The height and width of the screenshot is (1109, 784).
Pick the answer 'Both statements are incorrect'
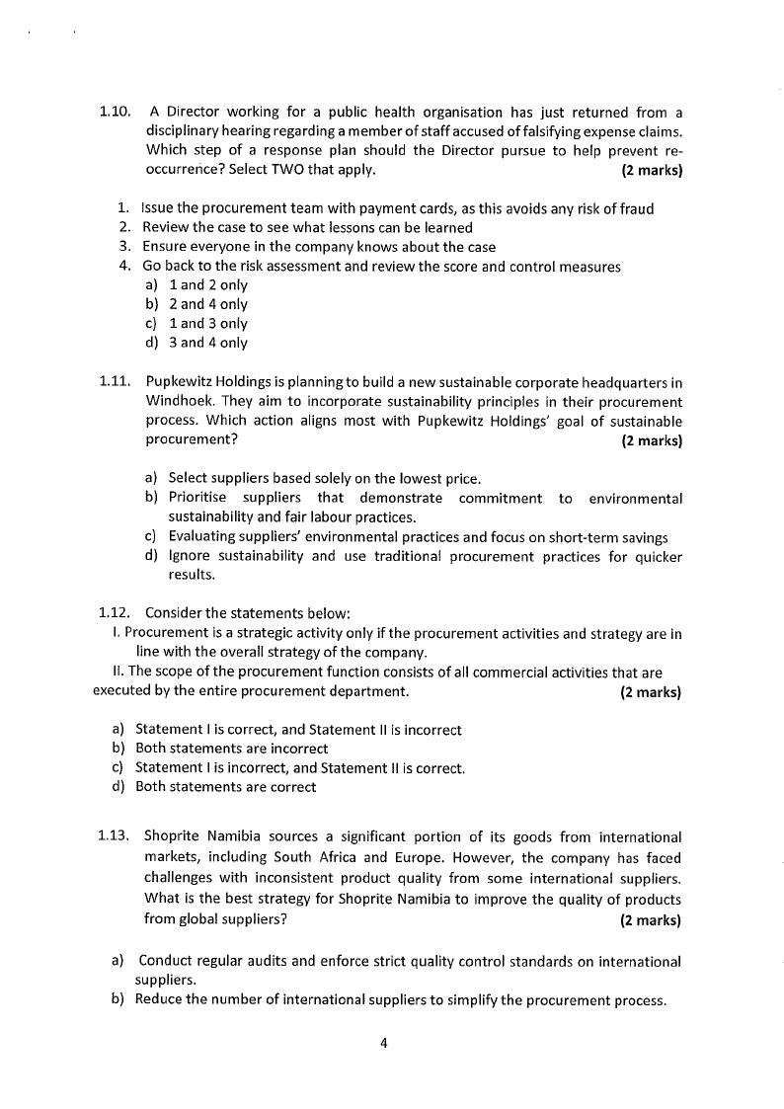(x=231, y=749)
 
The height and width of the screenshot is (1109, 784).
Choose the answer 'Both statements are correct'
(x=225, y=787)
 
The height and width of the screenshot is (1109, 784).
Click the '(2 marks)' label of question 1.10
(x=652, y=170)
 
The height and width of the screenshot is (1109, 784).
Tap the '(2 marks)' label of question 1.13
(x=651, y=919)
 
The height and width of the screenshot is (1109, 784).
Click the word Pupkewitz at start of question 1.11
(x=179, y=382)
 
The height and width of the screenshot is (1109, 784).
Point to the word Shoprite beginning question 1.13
(x=174, y=837)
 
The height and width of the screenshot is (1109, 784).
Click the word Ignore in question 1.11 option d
(x=189, y=556)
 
